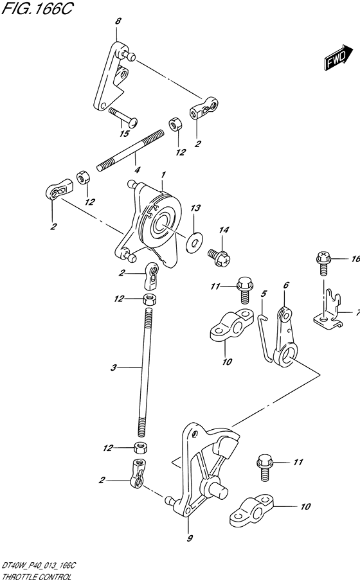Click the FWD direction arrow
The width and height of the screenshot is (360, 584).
pyautogui.click(x=338, y=57)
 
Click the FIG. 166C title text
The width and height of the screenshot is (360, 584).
pyautogui.click(x=37, y=8)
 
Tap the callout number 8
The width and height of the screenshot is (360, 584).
pyautogui.click(x=118, y=21)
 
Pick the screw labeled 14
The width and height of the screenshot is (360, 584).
pyautogui.click(x=219, y=257)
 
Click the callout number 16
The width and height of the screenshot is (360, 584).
pyautogui.click(x=355, y=259)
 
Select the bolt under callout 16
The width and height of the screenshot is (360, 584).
pyautogui.click(x=323, y=263)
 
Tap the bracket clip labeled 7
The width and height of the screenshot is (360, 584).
pyautogui.click(x=328, y=310)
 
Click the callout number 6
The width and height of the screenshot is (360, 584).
pyautogui.click(x=286, y=285)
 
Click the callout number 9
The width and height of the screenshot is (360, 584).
pyautogui.click(x=190, y=538)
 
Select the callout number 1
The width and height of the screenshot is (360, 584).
pyautogui.click(x=163, y=175)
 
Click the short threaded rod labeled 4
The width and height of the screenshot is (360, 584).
pyautogui.click(x=130, y=150)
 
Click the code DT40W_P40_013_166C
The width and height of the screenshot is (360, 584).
pyautogui.click(x=39, y=566)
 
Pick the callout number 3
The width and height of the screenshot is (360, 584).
pyautogui.click(x=114, y=368)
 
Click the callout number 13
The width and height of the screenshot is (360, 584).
pyautogui.click(x=195, y=208)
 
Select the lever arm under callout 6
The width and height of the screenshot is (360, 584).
pyautogui.click(x=286, y=335)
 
